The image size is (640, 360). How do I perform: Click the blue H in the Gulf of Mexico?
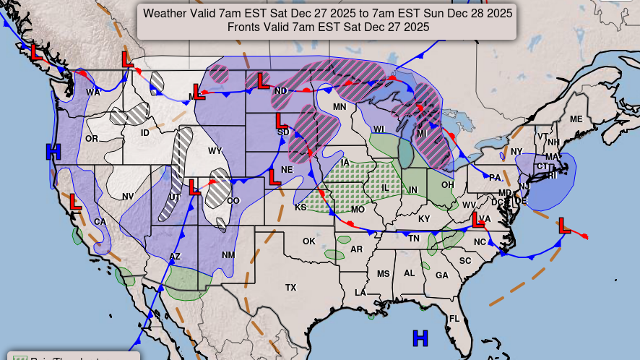point(420,338)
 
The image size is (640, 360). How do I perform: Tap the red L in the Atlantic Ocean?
point(564,226)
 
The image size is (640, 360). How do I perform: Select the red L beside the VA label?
point(477,218)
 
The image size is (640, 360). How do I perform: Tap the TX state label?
point(290,288)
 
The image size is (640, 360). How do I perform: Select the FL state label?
point(454,319)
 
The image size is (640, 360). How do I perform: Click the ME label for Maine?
point(576,119)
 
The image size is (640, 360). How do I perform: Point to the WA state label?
point(93,93)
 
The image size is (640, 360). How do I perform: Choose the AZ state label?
point(175,257)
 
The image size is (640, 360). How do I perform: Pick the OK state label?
point(309,241)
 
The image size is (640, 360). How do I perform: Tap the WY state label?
point(215,151)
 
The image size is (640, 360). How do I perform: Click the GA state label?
point(441,275)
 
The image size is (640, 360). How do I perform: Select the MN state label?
point(340,107)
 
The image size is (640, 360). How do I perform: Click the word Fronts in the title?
point(246,27)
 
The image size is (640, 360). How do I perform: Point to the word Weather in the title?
point(168,13)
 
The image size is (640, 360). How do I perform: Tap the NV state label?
point(128,197)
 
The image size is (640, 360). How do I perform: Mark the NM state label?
point(228,255)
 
